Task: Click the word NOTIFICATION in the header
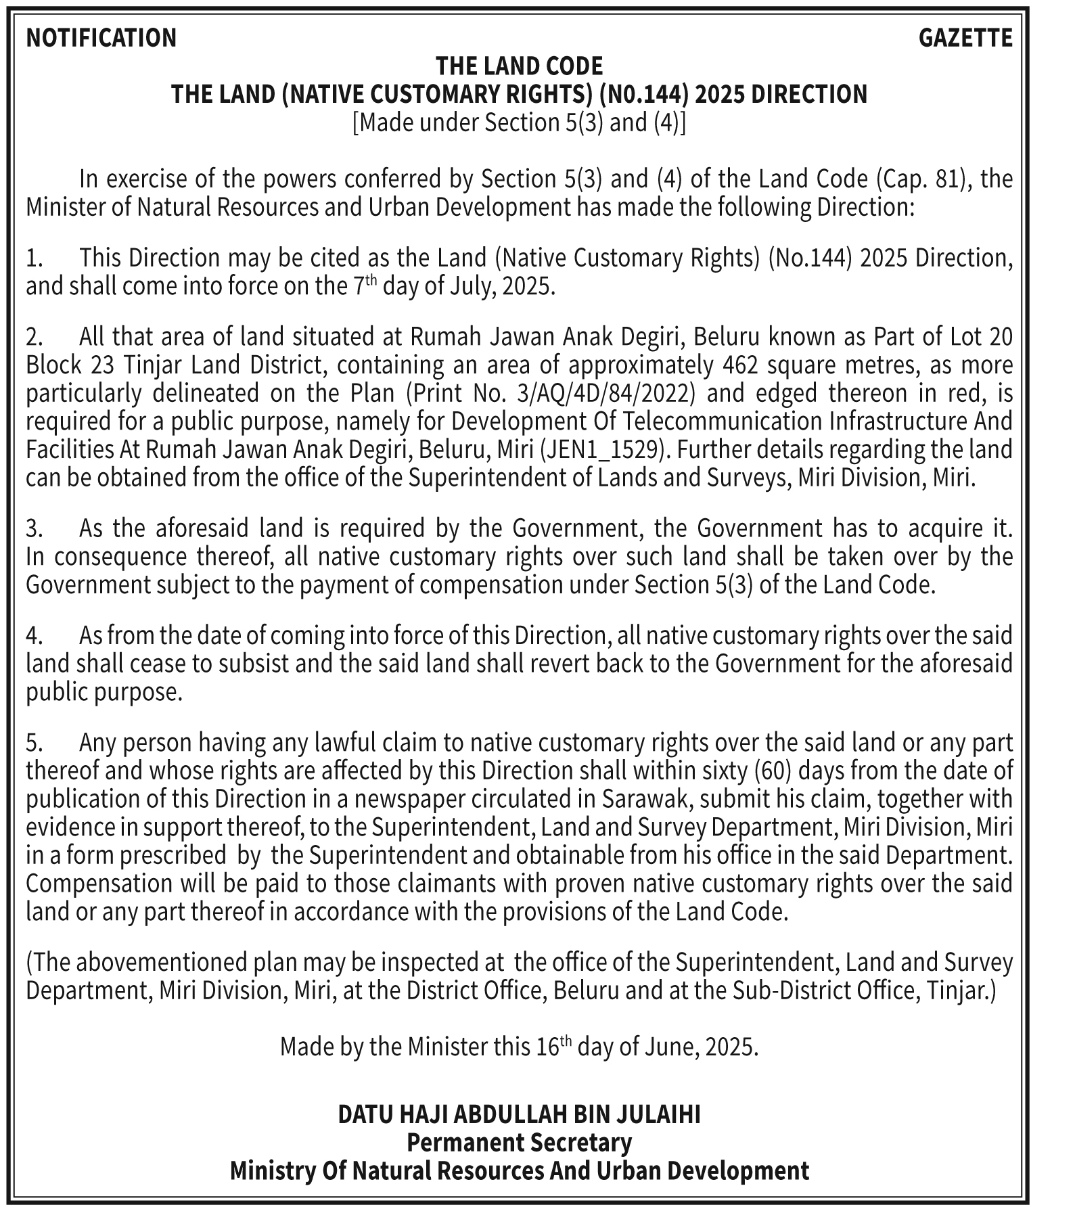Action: click(101, 38)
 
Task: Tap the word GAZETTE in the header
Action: click(965, 38)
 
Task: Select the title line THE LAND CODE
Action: click(519, 66)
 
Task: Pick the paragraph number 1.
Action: click(35, 258)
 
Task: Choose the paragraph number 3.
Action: click(35, 528)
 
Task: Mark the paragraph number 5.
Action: click(35, 744)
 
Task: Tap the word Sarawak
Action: click(645, 800)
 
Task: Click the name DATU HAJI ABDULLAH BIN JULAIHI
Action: click(519, 1114)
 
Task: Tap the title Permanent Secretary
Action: click(519, 1143)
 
